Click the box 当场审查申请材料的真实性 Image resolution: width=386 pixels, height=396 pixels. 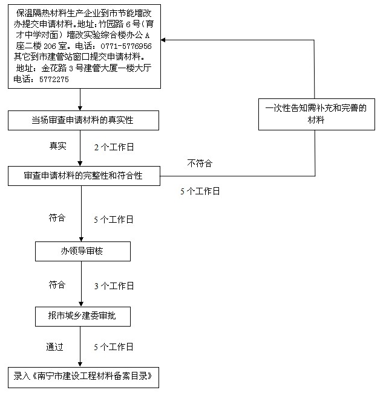click(83, 120)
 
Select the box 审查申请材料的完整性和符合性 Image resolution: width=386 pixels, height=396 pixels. click(84, 176)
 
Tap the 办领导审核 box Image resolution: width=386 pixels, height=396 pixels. click(83, 251)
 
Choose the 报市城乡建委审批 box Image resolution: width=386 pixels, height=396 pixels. click(83, 316)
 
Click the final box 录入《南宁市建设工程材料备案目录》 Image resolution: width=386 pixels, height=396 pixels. click(83, 377)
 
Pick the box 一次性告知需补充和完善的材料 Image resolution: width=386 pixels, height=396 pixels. click(316, 115)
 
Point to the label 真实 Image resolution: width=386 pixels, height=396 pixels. click(58, 146)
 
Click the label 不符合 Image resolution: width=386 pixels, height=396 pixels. click(200, 163)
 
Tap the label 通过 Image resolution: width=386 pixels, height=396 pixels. click(54, 346)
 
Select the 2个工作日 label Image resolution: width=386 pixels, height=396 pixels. click(114, 147)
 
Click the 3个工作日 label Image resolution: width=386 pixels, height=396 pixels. click(114, 286)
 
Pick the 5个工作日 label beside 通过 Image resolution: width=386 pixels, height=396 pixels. click(113, 346)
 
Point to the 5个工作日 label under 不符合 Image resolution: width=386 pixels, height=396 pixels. click(200, 191)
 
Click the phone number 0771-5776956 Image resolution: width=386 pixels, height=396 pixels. click(126, 46)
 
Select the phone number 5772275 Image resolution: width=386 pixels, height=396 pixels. click(54, 80)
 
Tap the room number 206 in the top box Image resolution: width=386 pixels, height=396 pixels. click(50, 46)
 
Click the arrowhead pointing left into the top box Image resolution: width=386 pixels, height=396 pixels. click(163, 40)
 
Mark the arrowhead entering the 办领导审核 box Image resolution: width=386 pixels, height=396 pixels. click(81, 240)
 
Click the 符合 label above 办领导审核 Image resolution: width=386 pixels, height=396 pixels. click(57, 218)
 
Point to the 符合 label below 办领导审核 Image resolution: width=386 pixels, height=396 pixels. click(57, 285)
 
